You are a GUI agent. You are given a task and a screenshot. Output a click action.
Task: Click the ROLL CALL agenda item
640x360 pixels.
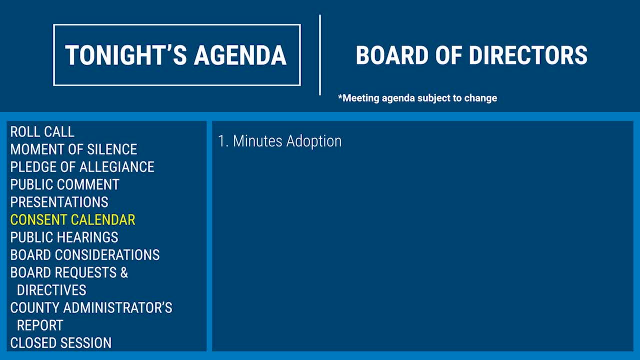42,131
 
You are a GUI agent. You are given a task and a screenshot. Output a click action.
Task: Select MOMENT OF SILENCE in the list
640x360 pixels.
73,149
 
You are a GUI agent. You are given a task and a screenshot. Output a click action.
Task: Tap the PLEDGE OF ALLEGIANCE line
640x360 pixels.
82,167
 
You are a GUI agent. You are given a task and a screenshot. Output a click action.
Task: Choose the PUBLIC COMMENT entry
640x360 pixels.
65,184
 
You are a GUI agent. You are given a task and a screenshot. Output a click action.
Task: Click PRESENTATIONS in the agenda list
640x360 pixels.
59,202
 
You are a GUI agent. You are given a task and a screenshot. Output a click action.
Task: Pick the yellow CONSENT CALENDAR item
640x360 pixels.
73,219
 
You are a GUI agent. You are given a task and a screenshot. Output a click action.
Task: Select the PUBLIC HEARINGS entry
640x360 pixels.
64,237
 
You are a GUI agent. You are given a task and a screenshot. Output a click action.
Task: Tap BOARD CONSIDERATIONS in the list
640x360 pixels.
85,255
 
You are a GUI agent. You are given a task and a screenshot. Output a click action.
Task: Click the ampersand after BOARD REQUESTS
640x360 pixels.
124,272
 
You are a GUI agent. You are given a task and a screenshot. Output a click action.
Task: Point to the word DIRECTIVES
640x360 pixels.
51,290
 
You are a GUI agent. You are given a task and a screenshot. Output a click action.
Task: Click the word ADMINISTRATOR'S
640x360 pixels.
117,307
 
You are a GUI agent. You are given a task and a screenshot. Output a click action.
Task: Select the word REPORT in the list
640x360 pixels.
40,325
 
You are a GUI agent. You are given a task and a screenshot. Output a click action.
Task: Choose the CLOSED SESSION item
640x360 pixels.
61,343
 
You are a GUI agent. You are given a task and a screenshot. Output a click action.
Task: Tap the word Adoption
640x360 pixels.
314,141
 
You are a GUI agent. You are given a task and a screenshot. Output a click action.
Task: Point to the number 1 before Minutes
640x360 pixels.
221,141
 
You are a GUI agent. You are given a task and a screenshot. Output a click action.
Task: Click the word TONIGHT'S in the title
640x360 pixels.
126,55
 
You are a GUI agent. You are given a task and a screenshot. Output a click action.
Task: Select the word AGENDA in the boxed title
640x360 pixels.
240,55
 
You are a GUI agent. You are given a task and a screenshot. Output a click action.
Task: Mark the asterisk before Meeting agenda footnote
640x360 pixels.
340,96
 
